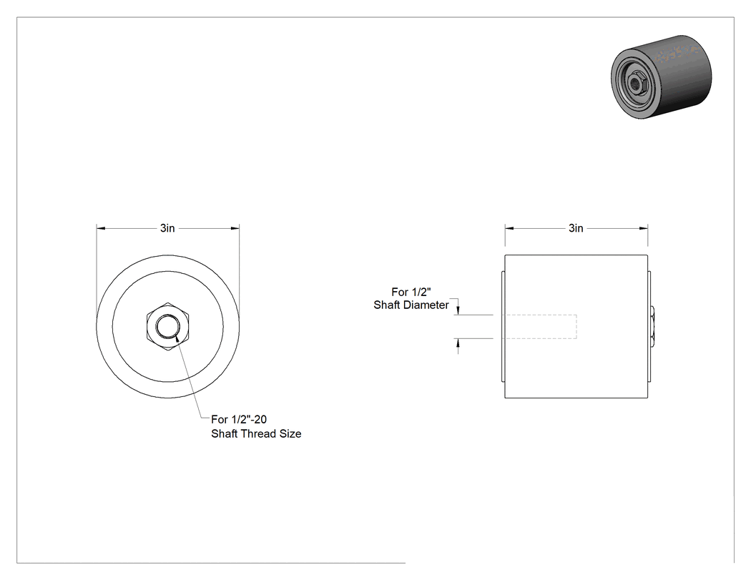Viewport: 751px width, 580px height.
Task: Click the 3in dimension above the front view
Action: [x=167, y=228]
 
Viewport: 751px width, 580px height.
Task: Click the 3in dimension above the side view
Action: [x=576, y=228]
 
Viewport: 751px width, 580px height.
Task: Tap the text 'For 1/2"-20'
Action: [x=239, y=420]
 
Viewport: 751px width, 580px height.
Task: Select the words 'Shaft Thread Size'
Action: [x=256, y=434]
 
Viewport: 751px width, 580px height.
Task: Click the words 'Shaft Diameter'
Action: [x=411, y=305]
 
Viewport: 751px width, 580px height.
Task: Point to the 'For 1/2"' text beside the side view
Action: [x=411, y=293]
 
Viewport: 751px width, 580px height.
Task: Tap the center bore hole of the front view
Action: [x=168, y=327]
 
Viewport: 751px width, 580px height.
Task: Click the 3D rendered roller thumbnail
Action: [x=662, y=77]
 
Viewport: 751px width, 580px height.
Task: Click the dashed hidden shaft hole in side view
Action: [x=541, y=327]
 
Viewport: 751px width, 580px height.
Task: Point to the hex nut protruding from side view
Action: [x=652, y=327]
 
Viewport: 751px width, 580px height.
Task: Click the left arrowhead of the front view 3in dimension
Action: [x=101, y=228]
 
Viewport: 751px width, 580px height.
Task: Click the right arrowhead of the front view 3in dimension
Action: [x=235, y=228]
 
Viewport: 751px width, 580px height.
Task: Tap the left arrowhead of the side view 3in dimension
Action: [x=509, y=228]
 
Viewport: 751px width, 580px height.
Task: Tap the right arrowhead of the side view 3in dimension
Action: [x=643, y=228]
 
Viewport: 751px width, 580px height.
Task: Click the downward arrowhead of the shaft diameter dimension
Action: [x=458, y=310]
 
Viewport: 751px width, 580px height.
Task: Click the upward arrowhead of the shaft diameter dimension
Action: [x=458, y=343]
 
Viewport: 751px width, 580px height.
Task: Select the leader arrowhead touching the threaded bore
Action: [x=178, y=339]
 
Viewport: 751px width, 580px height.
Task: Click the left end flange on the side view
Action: [x=503, y=327]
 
